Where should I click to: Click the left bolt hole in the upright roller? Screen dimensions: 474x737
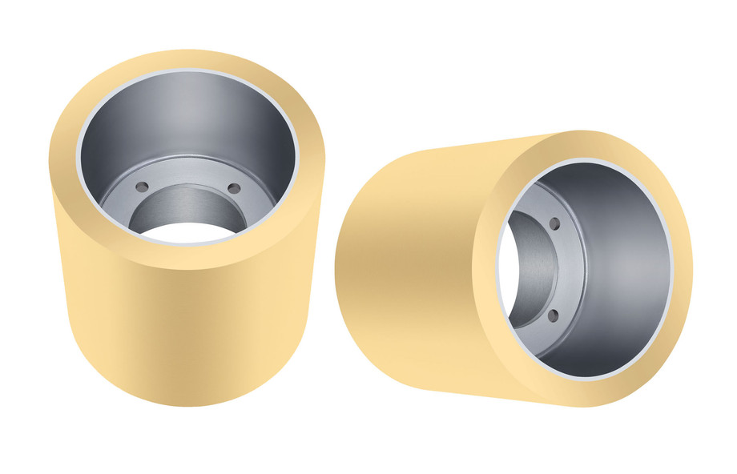tap(142, 187)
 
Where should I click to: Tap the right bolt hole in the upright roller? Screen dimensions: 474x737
tap(234, 189)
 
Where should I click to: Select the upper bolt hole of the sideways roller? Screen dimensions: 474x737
tap(554, 224)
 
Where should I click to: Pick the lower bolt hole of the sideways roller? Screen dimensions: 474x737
tap(553, 316)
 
